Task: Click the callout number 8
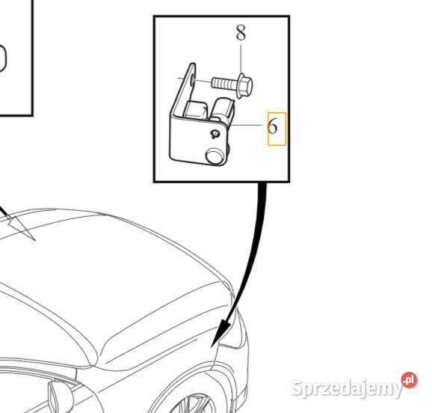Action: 241,33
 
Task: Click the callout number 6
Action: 273,126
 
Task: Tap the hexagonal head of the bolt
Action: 245,86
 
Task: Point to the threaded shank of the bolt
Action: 224,83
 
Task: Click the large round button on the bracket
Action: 215,156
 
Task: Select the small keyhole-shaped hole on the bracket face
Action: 215,134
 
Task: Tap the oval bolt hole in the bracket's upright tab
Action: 192,82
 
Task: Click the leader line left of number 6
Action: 245,125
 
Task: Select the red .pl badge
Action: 410,380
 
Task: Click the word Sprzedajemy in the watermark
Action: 347,388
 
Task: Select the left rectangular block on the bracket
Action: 195,109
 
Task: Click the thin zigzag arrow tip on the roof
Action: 34,240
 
